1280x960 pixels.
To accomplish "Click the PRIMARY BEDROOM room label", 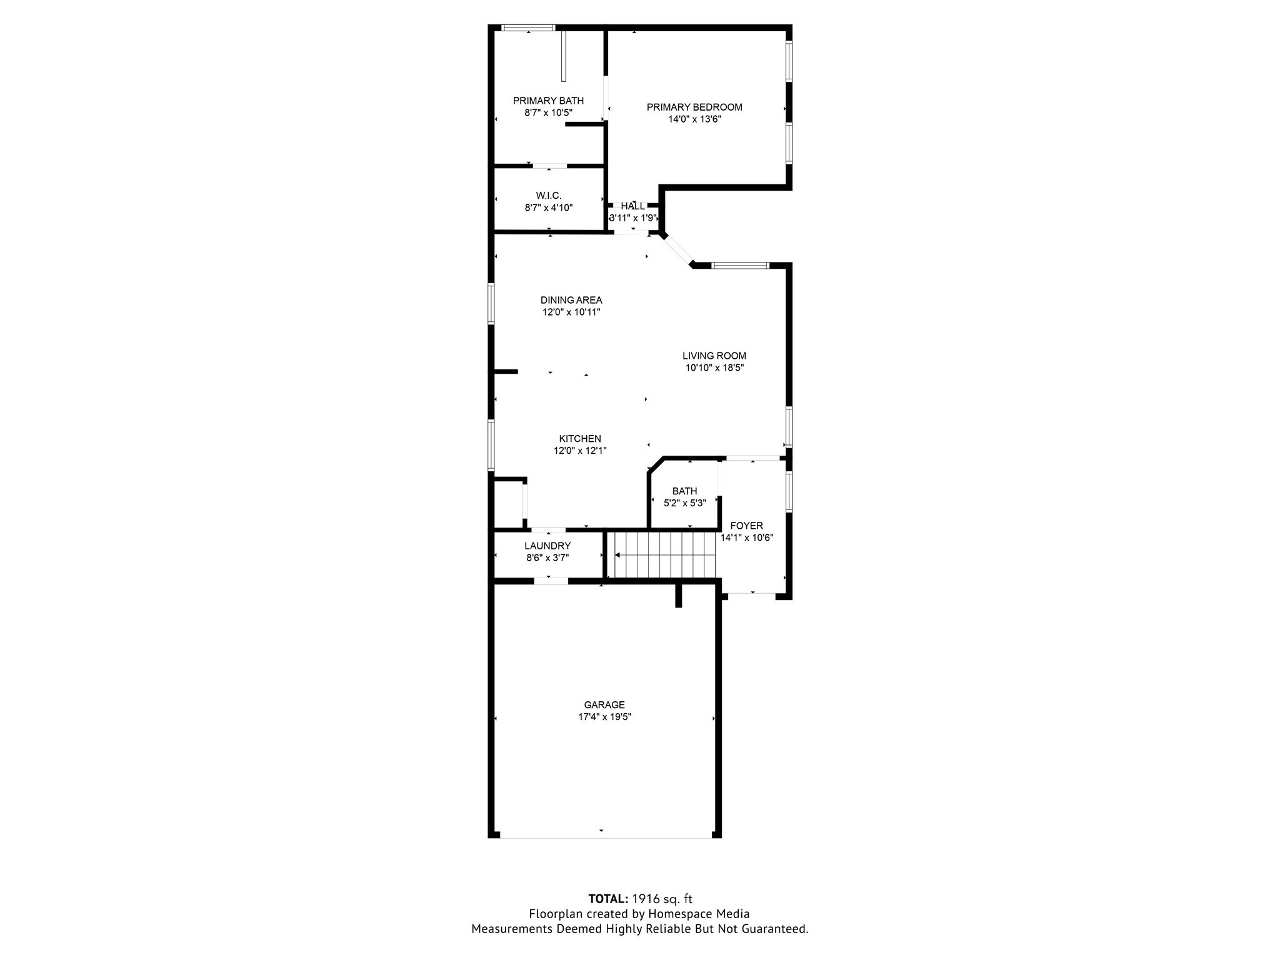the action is tap(694, 107).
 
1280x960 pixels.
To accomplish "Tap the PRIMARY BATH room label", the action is tap(548, 101).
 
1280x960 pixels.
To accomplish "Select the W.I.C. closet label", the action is tap(549, 196).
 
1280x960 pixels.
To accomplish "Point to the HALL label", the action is tap(633, 206).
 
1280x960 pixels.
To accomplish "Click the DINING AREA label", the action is tap(571, 300).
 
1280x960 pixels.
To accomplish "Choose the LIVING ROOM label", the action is tap(714, 356).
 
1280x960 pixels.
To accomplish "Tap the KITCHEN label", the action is tap(580, 439).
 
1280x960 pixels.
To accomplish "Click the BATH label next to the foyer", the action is tap(684, 491).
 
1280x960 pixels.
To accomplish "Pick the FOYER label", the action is tap(746, 526).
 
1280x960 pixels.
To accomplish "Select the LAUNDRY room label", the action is tap(547, 546).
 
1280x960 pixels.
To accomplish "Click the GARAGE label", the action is tap(604, 705).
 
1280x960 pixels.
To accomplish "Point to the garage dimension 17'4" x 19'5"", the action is tap(604, 717).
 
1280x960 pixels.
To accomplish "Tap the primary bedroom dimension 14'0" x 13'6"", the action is tap(694, 119).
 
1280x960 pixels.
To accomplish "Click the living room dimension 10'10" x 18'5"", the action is tap(714, 367).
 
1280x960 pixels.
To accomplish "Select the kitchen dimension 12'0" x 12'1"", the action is tap(580, 450).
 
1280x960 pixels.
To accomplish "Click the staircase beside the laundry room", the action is tap(662, 555).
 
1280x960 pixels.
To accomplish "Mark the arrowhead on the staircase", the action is tap(617, 555).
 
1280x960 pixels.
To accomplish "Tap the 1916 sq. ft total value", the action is tap(662, 899).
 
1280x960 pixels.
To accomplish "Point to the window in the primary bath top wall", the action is tap(528, 27).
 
